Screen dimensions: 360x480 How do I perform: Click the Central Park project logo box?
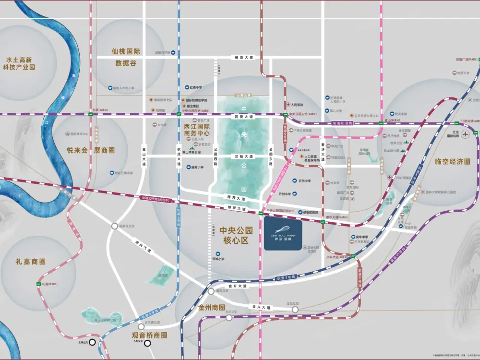tap(283, 235)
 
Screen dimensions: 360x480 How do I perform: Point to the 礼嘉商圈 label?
tap(30, 262)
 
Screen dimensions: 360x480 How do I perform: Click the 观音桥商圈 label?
tap(149, 335)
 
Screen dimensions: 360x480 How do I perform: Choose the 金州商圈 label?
tap(212, 307)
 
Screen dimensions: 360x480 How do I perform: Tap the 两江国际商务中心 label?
tap(197, 130)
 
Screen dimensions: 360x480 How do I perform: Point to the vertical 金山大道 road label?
tap(143, 157)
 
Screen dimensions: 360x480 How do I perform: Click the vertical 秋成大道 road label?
tap(178, 157)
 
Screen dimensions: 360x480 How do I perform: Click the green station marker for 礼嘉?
tap(39, 285)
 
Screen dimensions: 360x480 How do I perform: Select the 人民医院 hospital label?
tap(297, 105)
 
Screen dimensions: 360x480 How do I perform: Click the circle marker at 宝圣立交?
tap(295, 310)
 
